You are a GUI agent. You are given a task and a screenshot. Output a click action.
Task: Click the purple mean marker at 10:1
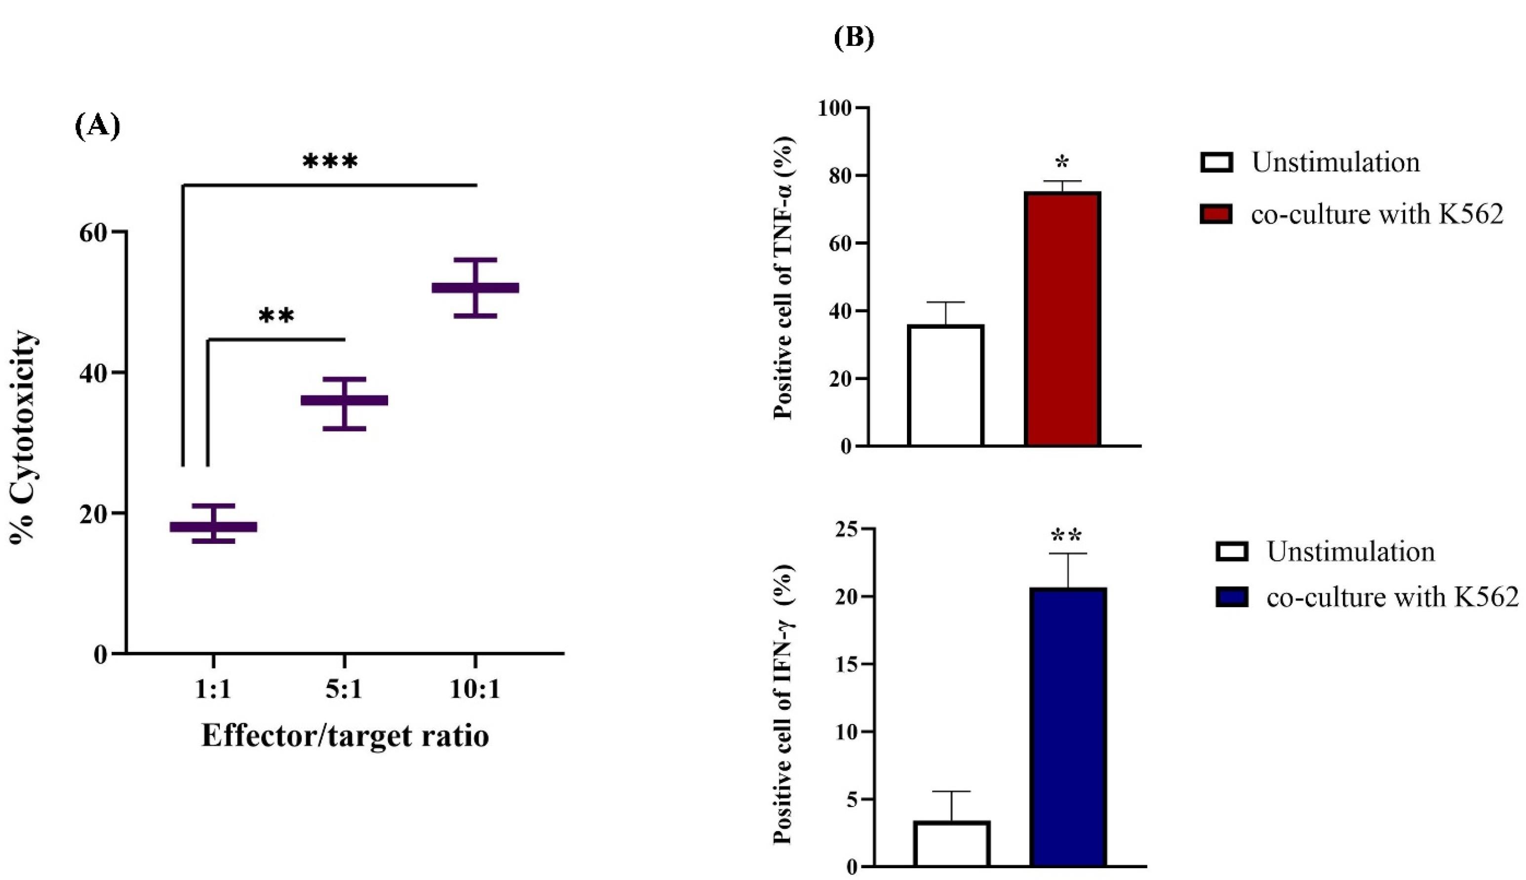point(475,288)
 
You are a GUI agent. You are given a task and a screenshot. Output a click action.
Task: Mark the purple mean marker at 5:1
point(344,400)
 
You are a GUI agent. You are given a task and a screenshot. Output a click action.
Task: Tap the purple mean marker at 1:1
point(213,527)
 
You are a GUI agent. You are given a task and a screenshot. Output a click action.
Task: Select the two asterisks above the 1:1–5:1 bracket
point(276,317)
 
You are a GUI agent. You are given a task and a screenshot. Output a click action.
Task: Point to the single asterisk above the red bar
point(1061,162)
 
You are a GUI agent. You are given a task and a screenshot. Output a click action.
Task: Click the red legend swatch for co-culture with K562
point(1216,215)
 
